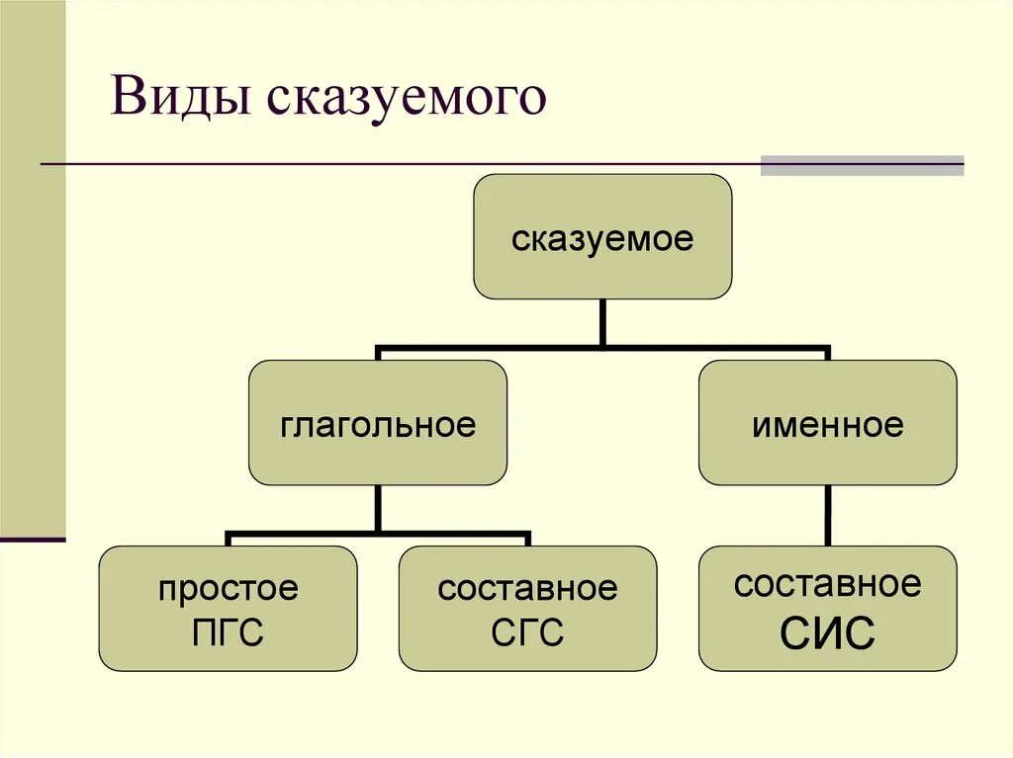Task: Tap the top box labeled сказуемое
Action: point(602,237)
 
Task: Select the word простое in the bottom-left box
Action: point(228,590)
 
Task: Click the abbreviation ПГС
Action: point(228,632)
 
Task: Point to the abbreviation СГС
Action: point(527,632)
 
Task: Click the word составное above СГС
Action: point(527,590)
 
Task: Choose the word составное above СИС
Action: point(827,584)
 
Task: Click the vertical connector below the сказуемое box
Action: point(602,322)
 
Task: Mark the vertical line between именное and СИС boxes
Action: point(827,515)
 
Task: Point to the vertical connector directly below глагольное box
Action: point(377,508)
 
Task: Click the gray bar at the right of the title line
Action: point(862,165)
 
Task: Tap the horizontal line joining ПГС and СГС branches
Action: point(377,534)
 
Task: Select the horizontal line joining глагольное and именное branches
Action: point(602,348)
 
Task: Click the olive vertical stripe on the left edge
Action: point(33,267)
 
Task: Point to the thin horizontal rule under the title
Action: point(396,163)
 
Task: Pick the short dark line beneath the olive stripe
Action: point(33,540)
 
